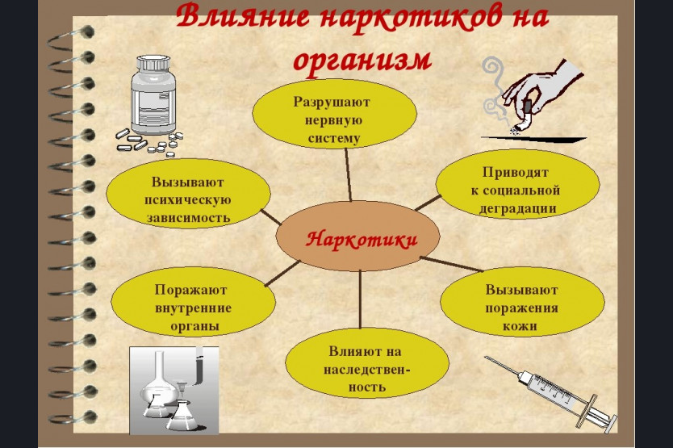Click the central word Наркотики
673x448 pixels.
click(361, 239)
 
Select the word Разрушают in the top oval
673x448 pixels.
click(332, 103)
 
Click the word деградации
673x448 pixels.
click(517, 208)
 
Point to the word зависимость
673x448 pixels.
click(188, 217)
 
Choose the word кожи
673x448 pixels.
click(520, 325)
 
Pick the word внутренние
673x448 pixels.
click(193, 308)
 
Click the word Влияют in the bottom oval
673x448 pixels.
click(352, 351)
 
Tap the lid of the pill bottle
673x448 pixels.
click(153, 65)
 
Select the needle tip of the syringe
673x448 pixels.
click(487, 358)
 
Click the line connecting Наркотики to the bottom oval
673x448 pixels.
click(360, 299)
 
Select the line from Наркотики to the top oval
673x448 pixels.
click(348, 175)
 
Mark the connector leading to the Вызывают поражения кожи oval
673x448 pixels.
click(452, 264)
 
